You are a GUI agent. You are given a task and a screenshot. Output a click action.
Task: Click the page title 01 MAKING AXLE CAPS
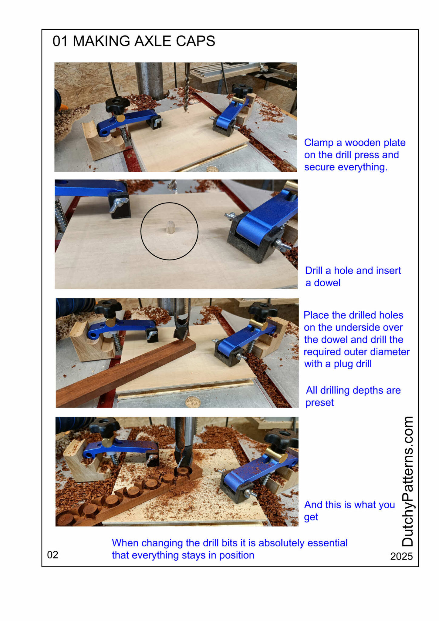pos(134,41)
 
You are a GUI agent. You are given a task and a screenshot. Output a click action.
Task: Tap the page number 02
pos(52,555)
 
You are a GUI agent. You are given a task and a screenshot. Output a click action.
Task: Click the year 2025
pos(401,556)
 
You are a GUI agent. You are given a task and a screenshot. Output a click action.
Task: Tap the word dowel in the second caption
pos(327,283)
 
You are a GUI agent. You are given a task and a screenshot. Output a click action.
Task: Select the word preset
pos(319,403)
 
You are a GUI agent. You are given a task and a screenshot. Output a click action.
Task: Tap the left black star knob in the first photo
pos(117,104)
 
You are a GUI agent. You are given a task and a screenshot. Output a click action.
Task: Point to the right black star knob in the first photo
pos(241,90)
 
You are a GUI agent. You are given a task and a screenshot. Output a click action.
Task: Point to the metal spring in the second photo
pos(60,217)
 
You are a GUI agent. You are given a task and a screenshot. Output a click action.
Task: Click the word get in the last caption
pos(311,517)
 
